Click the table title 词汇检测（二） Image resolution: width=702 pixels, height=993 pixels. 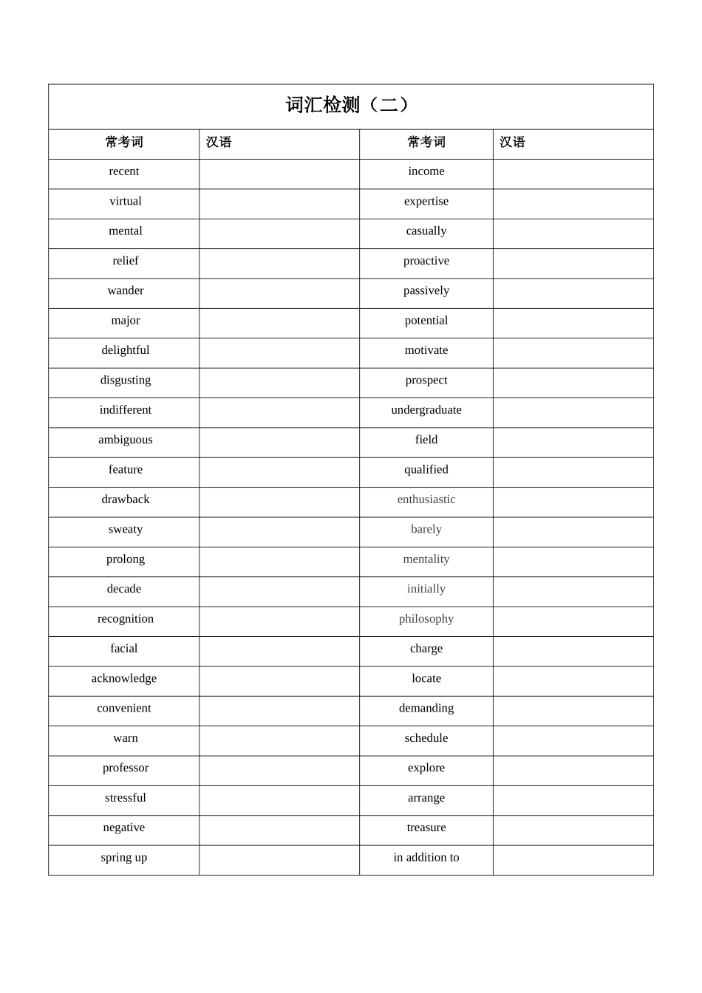347,105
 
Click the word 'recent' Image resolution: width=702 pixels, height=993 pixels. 123,171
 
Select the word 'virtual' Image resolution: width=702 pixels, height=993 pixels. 125,201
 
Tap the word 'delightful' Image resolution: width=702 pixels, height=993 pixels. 125,350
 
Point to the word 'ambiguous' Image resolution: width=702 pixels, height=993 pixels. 125,440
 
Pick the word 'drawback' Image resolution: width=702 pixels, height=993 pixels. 125,499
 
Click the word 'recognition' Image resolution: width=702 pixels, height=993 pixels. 125,618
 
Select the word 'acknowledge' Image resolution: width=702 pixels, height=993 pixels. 123,678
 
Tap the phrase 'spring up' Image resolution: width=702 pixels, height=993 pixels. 123,857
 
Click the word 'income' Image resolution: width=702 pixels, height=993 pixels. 426,171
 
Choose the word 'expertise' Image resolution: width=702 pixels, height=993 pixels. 426,201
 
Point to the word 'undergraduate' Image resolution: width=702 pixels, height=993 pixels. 426,410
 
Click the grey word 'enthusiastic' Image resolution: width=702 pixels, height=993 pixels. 426,499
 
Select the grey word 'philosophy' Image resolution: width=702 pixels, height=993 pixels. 426,618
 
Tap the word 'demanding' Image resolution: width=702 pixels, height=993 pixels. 426,708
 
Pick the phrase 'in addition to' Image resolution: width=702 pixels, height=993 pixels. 426,857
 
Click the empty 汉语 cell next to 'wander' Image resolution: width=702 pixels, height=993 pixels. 279,293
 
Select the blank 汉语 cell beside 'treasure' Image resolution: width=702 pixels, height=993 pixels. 573,830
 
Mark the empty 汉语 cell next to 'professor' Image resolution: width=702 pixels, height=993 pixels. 279,771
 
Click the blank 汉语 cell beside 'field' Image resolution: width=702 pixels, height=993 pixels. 573,442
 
